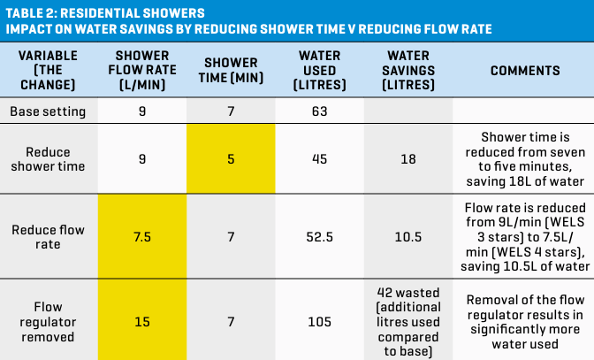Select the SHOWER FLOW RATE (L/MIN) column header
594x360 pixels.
[142, 71]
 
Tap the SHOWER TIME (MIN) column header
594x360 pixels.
[231, 71]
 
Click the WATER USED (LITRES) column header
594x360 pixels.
[319, 71]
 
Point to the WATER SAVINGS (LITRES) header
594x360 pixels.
[408, 71]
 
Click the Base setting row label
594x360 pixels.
[49, 111]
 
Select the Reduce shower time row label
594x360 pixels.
[49, 159]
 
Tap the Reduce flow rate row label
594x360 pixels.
[49, 237]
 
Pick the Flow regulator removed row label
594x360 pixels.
[49, 318]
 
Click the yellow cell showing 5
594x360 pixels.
[231, 159]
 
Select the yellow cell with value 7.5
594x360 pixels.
[142, 237]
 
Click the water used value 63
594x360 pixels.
[319, 111]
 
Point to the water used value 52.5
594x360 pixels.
[319, 237]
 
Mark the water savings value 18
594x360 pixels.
[408, 159]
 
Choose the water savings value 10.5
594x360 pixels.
[408, 237]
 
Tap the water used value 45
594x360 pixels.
[319, 159]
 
